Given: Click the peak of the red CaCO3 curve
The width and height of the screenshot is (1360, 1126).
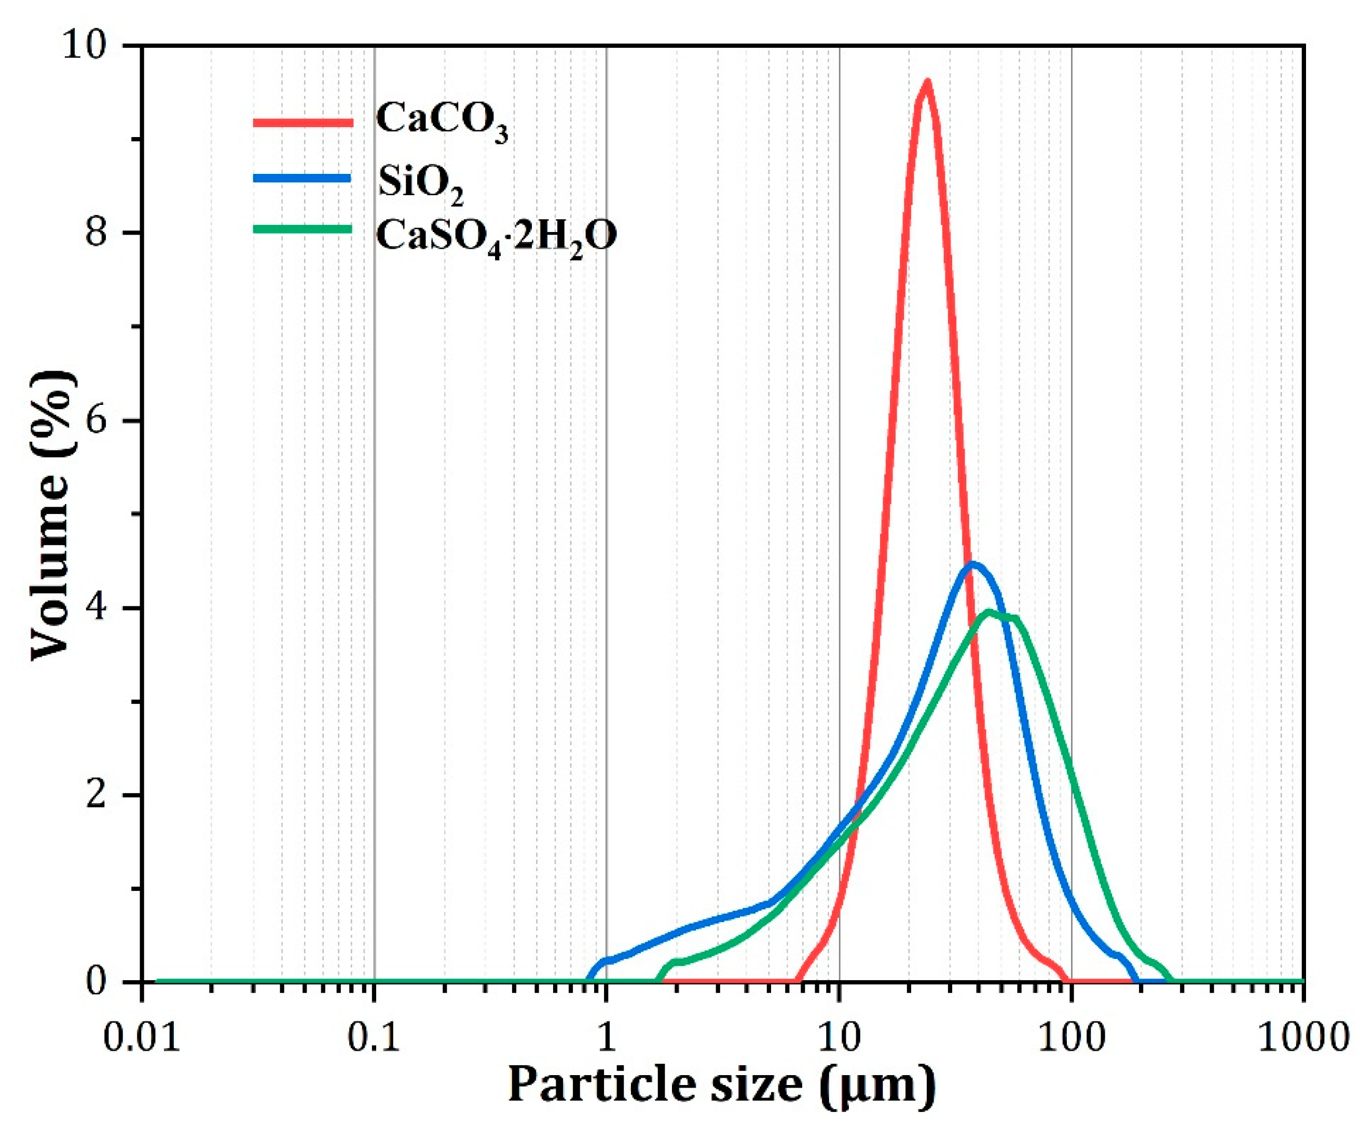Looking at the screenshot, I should point(927,82).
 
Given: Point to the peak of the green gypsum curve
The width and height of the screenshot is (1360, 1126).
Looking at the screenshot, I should point(989,612).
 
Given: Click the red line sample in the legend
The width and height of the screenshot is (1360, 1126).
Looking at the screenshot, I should point(303,122).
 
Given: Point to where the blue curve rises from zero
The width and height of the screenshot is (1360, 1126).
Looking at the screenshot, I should point(589,979).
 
